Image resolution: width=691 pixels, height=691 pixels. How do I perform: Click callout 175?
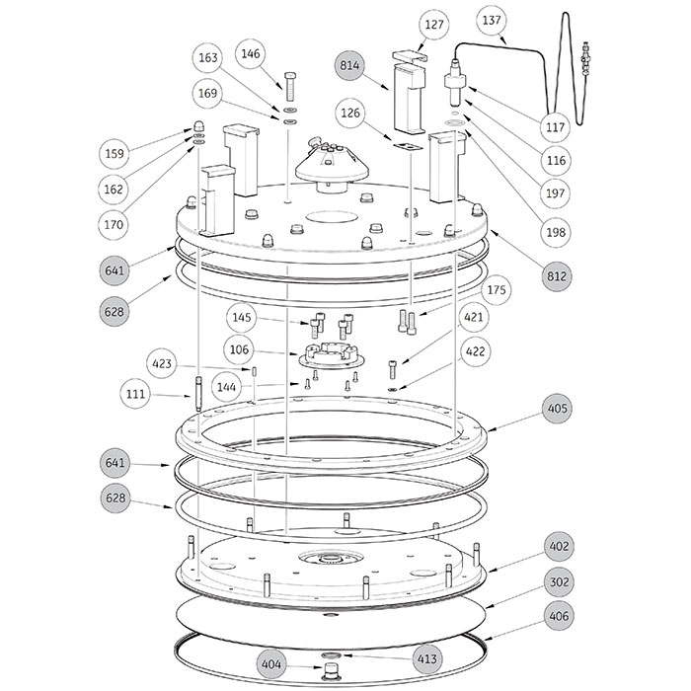[497, 291]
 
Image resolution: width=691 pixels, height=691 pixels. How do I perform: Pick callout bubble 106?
[240, 350]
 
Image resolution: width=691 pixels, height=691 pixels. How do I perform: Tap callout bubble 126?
[352, 114]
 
